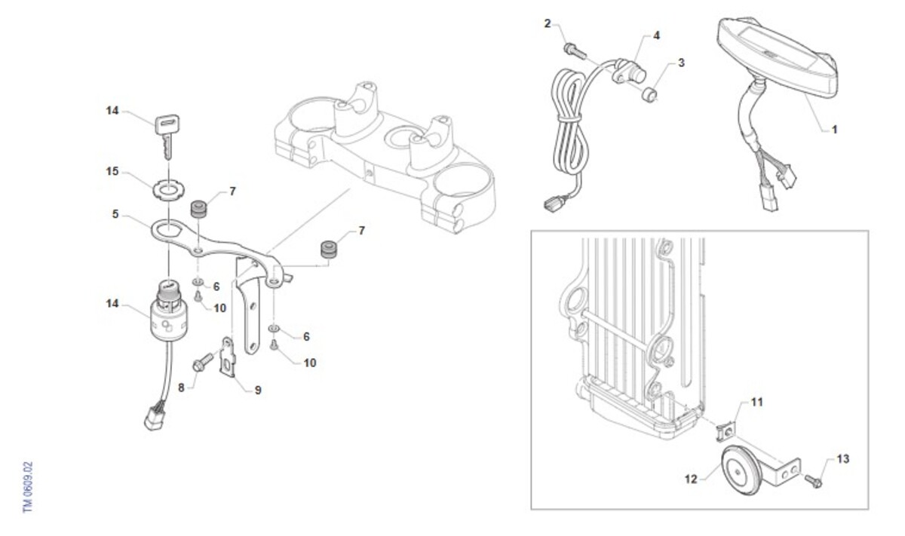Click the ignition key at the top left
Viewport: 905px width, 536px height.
click(x=167, y=134)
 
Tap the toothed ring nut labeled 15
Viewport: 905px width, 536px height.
click(x=168, y=189)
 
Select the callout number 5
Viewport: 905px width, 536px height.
click(x=115, y=214)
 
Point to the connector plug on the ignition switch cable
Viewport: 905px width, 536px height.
click(x=155, y=418)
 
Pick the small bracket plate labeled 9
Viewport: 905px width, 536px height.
click(x=228, y=357)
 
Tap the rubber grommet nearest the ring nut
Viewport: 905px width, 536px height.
click(x=199, y=209)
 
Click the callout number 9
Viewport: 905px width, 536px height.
click(x=258, y=391)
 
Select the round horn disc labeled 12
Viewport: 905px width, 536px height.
click(x=741, y=470)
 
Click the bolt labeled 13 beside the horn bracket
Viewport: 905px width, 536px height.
click(x=813, y=481)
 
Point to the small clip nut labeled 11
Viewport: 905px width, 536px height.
click(x=726, y=432)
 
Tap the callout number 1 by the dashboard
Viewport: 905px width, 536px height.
click(x=835, y=130)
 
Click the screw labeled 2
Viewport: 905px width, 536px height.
click(x=575, y=51)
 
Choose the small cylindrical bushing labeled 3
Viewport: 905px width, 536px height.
click(x=649, y=95)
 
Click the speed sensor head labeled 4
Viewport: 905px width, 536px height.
click(x=630, y=72)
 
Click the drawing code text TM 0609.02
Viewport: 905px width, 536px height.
click(x=27, y=487)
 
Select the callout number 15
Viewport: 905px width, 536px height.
click(x=112, y=171)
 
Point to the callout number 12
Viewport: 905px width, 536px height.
click(x=691, y=479)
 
